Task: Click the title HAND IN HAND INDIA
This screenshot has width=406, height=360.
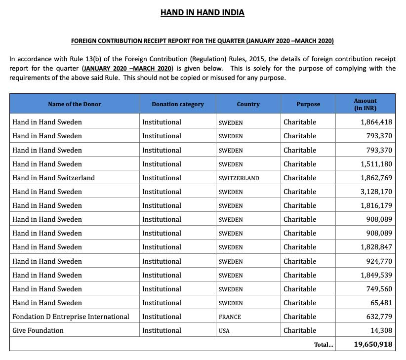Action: coord(203,12)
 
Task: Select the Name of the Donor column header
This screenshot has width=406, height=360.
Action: coord(74,104)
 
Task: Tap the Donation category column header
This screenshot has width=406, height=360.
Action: coord(177,104)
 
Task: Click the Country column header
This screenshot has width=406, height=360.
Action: coord(248,104)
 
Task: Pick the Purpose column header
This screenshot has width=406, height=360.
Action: coord(308,104)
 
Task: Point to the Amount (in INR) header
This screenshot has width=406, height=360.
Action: coord(365,104)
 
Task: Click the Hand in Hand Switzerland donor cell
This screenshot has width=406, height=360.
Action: coord(54,178)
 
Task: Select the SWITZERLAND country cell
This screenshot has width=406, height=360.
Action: coord(239,178)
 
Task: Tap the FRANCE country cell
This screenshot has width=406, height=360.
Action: coord(230,317)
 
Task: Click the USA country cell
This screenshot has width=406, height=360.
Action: coord(224,331)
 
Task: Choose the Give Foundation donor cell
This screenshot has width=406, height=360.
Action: coord(38,330)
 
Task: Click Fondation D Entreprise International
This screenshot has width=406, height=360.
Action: coord(71,317)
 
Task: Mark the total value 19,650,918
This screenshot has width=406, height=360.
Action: coord(373,344)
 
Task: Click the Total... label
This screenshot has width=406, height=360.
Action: coord(324,345)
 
